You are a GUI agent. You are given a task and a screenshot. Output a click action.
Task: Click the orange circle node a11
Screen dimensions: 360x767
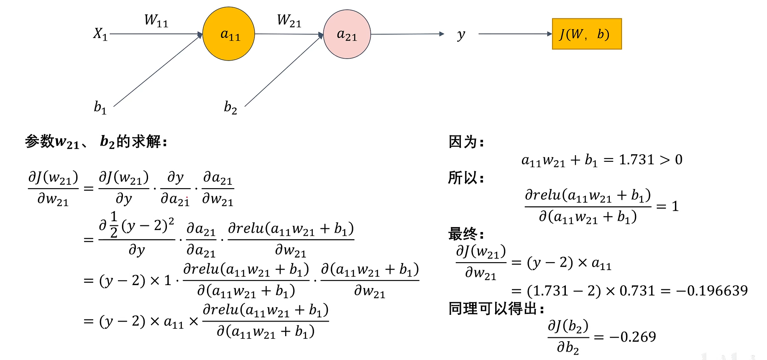(229, 34)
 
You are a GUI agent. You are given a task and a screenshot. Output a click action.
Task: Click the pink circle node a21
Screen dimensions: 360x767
(347, 34)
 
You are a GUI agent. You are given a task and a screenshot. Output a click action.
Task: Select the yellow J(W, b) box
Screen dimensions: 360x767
(586, 34)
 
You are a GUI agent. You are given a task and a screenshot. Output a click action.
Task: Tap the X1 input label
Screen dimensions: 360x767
(100, 33)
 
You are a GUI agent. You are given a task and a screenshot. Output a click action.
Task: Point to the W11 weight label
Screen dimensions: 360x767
(156, 20)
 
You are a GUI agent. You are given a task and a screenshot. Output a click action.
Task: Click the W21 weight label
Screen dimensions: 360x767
(289, 20)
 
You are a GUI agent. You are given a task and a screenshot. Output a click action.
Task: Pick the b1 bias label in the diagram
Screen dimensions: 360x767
(100, 107)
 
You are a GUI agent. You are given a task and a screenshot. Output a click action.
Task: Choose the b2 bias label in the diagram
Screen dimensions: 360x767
(230, 107)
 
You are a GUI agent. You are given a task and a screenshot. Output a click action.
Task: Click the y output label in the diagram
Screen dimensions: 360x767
(461, 35)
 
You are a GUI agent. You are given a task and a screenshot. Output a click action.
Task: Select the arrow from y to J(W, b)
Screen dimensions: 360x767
(514, 34)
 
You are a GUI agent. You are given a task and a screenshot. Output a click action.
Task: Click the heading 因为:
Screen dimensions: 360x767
(466, 142)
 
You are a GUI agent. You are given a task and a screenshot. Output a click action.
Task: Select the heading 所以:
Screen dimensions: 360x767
(466, 178)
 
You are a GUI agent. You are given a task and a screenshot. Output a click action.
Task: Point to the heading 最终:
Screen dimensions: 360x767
(466, 234)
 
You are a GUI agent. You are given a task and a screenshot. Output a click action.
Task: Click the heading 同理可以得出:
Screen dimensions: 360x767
(496, 309)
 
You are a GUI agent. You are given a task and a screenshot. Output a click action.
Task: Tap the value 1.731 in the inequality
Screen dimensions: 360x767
(636, 160)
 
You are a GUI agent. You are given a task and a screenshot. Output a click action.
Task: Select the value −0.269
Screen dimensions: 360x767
(632, 337)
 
